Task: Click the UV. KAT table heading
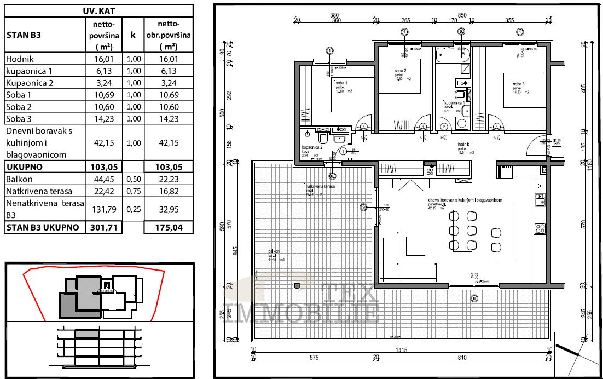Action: tap(99, 10)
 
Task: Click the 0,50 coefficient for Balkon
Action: tap(133, 179)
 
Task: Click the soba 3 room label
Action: tap(519, 84)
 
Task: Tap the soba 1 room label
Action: tap(342, 83)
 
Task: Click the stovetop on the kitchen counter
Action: tap(540, 227)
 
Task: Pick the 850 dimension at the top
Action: tap(461, 15)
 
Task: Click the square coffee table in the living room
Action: tap(415, 246)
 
